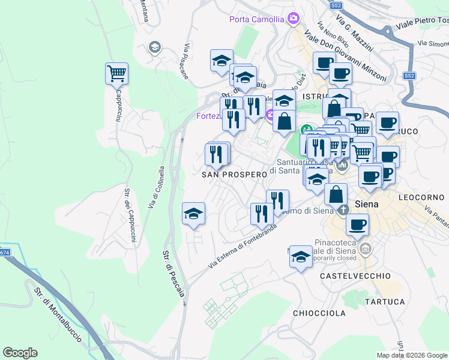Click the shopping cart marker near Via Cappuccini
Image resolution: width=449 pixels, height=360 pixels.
coord(116,74)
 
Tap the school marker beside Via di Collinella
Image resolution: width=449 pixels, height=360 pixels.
coord(193,213)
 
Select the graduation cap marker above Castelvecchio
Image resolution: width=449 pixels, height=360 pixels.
coord(300,258)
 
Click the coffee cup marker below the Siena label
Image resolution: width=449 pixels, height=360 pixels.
coord(358,225)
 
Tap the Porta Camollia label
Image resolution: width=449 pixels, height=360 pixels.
coord(256,19)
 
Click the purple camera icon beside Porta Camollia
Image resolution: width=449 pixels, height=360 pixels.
coord(293,19)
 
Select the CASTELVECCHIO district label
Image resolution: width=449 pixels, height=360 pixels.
coord(355,276)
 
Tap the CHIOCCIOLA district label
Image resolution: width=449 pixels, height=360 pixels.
coord(319,313)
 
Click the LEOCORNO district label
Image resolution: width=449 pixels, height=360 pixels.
coord(423,197)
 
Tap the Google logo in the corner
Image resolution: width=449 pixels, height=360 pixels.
coord(20,353)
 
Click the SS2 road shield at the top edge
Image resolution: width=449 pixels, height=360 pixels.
coord(336,5)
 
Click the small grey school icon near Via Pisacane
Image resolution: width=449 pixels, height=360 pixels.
coord(155,47)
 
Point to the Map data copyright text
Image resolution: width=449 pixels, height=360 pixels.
coord(411,355)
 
